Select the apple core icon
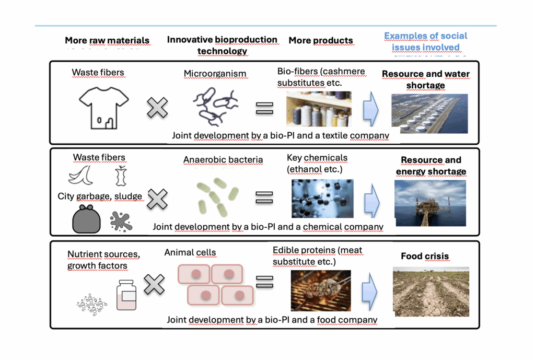pos(121,176)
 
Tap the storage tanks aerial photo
pos(429,113)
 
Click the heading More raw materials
pos(107,40)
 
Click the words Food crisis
pos(424,257)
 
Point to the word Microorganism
pos(215,74)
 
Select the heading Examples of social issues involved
pos(425,41)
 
